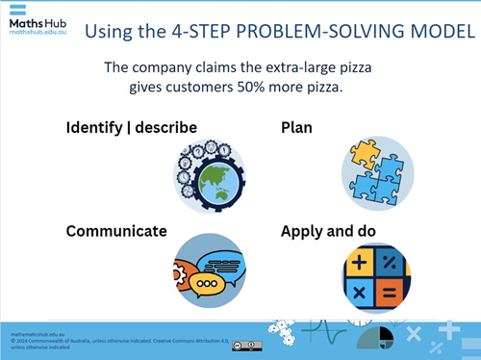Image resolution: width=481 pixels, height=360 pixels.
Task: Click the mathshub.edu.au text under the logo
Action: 37,32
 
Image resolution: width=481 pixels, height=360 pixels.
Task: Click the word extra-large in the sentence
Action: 278,67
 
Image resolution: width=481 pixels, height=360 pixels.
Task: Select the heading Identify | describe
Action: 131,127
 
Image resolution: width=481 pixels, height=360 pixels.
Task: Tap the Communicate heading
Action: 115,231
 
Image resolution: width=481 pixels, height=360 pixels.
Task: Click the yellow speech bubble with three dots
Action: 205,285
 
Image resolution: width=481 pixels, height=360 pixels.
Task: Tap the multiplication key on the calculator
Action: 363,291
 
